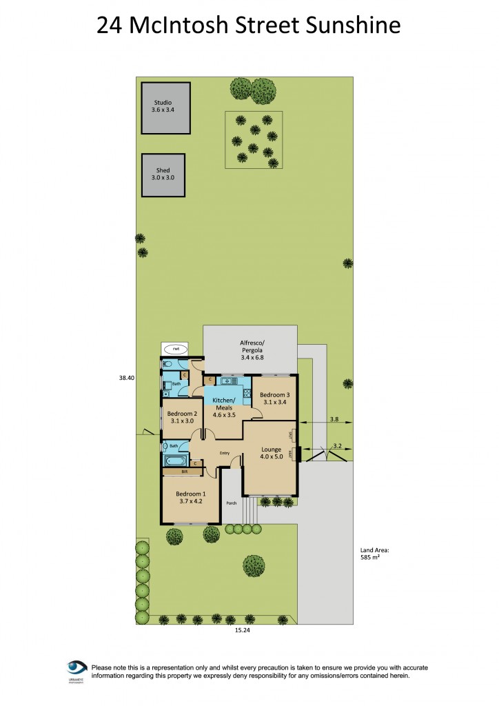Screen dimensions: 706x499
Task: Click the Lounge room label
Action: [x=272, y=452]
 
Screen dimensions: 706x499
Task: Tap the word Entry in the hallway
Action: [x=224, y=453]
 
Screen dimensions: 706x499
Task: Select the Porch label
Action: [x=231, y=503]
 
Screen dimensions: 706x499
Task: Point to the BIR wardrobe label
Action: [x=185, y=472]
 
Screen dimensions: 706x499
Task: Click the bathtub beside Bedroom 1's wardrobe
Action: [x=176, y=460]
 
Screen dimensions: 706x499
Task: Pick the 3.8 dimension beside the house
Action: [x=334, y=419]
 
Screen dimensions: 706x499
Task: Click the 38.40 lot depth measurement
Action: [x=125, y=377]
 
